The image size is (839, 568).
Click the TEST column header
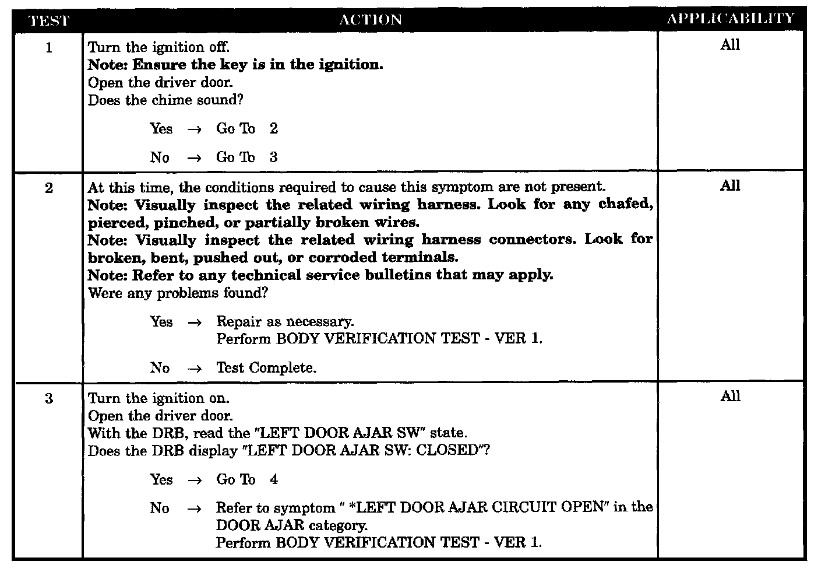(49, 20)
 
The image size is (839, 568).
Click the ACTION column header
(371, 19)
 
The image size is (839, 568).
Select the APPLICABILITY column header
(731, 18)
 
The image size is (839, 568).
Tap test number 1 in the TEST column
(49, 48)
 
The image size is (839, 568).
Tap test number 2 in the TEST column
(49, 188)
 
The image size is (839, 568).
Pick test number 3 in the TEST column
(49, 399)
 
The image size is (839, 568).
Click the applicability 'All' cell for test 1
(730, 45)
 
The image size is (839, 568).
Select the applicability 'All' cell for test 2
(730, 186)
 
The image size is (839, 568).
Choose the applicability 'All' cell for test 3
(730, 397)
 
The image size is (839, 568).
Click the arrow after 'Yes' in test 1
(194, 129)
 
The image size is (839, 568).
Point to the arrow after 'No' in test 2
(194, 369)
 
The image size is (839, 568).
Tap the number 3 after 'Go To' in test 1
(274, 157)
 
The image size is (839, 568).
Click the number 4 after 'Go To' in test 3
(274, 480)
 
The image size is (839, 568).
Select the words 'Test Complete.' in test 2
(266, 368)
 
